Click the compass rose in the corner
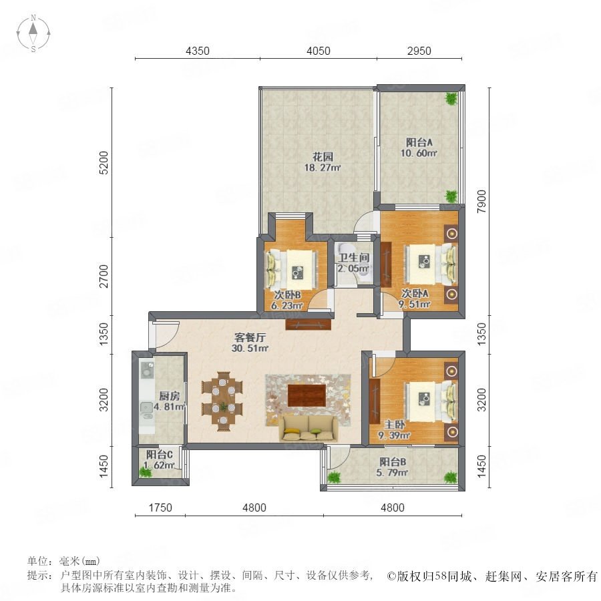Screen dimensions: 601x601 pyautogui.click(x=33, y=33)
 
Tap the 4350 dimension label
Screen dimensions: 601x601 pyautogui.click(x=198, y=51)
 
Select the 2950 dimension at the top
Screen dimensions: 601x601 pyautogui.click(x=419, y=51)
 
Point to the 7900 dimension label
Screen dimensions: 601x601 pyautogui.click(x=481, y=202)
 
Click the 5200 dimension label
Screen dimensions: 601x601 pyautogui.click(x=104, y=163)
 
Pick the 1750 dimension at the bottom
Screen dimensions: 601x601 pyautogui.click(x=160, y=508)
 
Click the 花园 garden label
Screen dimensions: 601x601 pyautogui.click(x=323, y=156)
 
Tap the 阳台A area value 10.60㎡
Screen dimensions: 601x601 pyautogui.click(x=419, y=154)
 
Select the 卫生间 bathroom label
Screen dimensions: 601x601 pyautogui.click(x=353, y=258)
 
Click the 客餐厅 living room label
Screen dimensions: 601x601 pyautogui.click(x=250, y=337)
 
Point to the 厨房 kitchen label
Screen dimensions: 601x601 pyautogui.click(x=169, y=395)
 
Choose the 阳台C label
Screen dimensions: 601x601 pyautogui.click(x=160, y=455)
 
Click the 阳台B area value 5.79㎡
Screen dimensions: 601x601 pyautogui.click(x=392, y=473)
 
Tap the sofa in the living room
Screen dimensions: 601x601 pyautogui.click(x=309, y=428)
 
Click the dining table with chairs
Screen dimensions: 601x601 pyautogui.click(x=222, y=401)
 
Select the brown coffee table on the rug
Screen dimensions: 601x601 pyautogui.click(x=307, y=395)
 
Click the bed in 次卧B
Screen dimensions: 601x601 pyautogui.click(x=292, y=270)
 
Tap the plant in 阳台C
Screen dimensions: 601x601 pyautogui.click(x=146, y=471)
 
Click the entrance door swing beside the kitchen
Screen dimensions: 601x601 pyautogui.click(x=166, y=335)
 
